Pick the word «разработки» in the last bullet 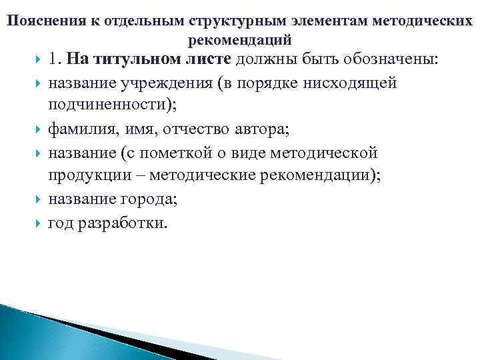126,223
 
